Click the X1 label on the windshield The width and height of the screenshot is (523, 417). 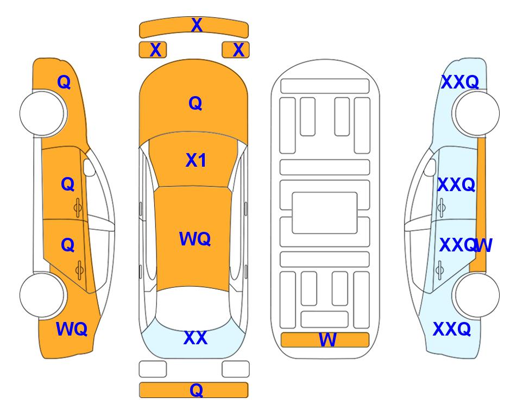pyautogui.click(x=196, y=160)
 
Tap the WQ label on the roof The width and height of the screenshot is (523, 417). pyautogui.click(x=195, y=239)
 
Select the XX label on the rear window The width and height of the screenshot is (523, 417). pyautogui.click(x=196, y=338)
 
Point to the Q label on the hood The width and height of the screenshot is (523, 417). pyautogui.click(x=196, y=103)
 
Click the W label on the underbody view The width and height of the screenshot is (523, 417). pyautogui.click(x=327, y=340)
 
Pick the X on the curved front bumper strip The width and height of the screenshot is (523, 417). pyautogui.click(x=197, y=25)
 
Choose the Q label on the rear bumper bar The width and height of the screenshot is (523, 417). pyautogui.click(x=197, y=390)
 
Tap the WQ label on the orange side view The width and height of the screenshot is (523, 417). pyautogui.click(x=72, y=329)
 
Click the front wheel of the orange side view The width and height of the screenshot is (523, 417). pyautogui.click(x=42, y=113)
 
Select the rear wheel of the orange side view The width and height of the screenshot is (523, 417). pyautogui.click(x=42, y=295)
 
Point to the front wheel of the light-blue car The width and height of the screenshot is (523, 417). pyautogui.click(x=477, y=113)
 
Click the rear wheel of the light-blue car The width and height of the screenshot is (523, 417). pyautogui.click(x=477, y=295)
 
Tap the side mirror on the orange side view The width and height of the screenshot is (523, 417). pyautogui.click(x=89, y=167)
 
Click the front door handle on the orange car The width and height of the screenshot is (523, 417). pyautogui.click(x=78, y=208)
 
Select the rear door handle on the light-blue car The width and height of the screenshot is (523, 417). pyautogui.click(x=440, y=270)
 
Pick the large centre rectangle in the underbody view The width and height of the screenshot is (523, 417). pyautogui.click(x=325, y=213)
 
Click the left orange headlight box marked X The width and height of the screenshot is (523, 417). pyautogui.click(x=153, y=50)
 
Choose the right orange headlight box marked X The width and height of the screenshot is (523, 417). pyautogui.click(x=236, y=50)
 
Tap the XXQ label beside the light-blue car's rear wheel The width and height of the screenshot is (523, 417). pyautogui.click(x=452, y=329)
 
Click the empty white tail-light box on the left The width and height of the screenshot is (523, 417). pyautogui.click(x=153, y=369)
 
